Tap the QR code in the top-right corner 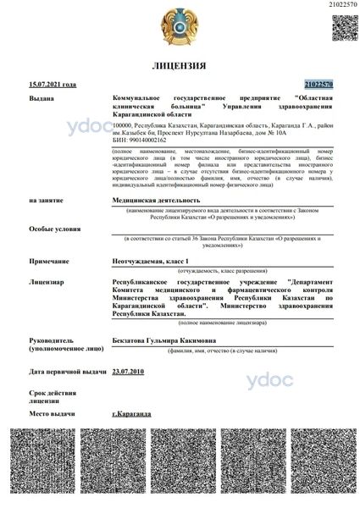point(342,29)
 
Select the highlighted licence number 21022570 point(318,85)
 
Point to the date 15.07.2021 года point(53,85)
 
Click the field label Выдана point(42,99)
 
